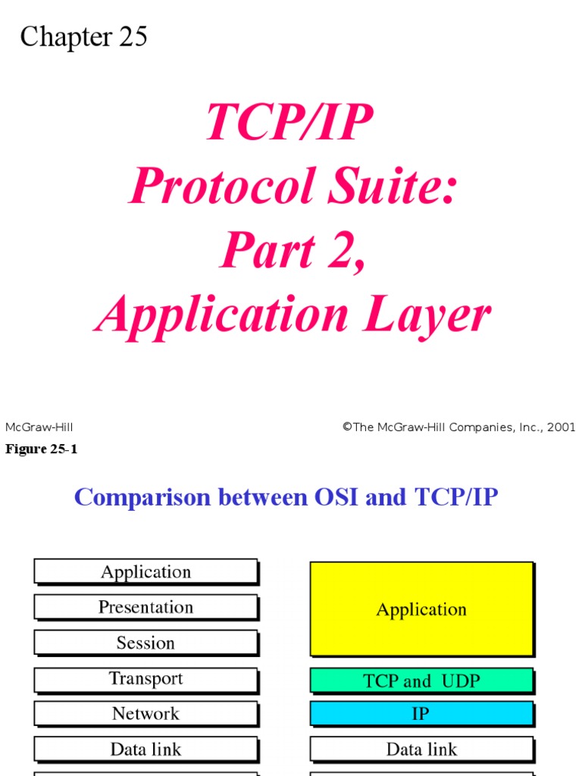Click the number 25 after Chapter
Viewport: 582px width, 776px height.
click(132, 37)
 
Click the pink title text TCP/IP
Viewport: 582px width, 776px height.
click(289, 122)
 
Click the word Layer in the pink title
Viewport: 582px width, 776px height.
click(427, 315)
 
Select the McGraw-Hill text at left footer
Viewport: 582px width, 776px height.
click(39, 427)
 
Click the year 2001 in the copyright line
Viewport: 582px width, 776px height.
click(561, 427)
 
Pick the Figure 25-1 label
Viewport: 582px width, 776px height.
click(42, 449)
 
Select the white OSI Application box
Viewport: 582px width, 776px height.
click(145, 572)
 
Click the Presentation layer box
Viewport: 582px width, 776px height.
click(145, 607)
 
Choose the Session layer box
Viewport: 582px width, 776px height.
click(145, 643)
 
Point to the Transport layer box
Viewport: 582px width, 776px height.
click(145, 679)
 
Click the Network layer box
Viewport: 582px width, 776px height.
click(145, 714)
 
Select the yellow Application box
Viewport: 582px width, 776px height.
click(421, 609)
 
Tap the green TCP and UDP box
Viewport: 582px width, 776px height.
click(421, 681)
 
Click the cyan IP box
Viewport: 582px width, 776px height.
click(421, 714)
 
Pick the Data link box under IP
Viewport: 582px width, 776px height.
click(421, 749)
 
